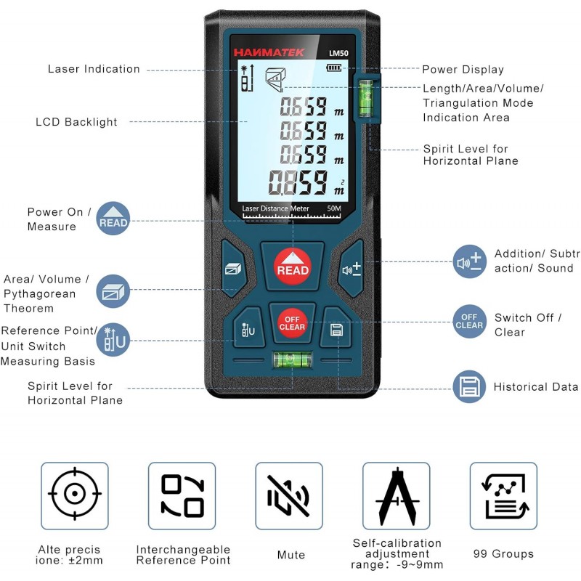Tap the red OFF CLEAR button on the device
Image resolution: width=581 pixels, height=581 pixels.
[292, 323]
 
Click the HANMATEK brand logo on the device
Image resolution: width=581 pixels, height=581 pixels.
[269, 52]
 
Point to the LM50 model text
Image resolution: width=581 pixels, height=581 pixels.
[338, 53]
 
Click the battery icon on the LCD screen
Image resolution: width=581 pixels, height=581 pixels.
[334, 68]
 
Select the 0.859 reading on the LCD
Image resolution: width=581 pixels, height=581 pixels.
[298, 182]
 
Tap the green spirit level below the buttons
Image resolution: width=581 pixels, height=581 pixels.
[293, 359]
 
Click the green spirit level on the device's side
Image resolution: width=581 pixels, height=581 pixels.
[365, 98]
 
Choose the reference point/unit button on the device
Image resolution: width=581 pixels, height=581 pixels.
[248, 328]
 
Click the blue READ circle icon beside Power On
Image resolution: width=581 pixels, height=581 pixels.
[113, 219]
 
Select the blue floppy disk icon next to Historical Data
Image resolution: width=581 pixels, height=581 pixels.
[469, 386]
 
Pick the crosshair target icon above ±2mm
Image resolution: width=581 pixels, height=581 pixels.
[75, 494]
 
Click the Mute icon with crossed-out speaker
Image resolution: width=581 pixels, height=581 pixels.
[288, 496]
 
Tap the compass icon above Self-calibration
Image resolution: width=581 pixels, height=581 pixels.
[397, 497]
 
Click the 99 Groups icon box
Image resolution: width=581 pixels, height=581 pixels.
[503, 496]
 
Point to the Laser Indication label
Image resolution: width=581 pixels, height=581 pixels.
[94, 69]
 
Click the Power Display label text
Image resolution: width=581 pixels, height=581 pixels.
[463, 69]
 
